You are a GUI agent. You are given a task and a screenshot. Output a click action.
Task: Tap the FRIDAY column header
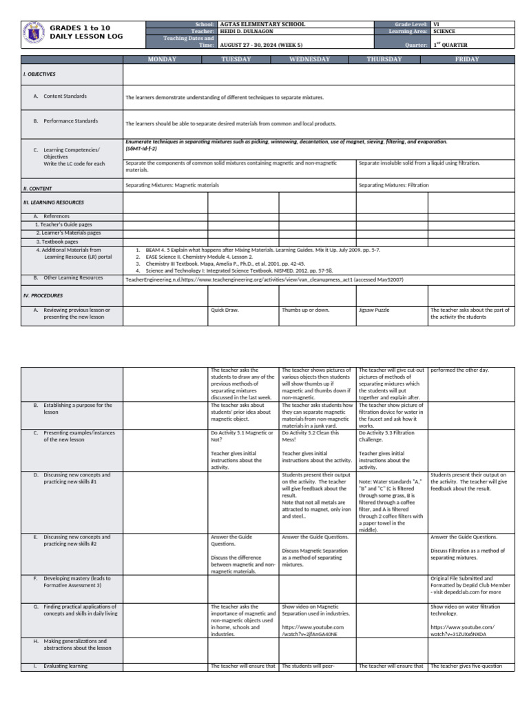tap(467, 59)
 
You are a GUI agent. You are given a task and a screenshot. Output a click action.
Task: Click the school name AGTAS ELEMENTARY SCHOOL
tap(262, 24)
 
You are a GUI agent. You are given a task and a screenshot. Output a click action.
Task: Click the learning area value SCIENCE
tap(444, 31)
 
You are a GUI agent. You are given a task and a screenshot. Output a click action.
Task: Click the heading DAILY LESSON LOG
tap(86, 36)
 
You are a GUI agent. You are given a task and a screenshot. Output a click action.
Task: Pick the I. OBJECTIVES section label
tap(40, 74)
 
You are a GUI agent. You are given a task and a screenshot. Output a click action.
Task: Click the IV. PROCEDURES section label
tap(43, 295)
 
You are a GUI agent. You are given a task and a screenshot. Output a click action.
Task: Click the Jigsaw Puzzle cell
tap(374, 310)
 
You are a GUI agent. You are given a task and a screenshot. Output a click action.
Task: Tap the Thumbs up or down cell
tap(306, 310)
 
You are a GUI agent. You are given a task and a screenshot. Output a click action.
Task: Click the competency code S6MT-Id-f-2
tap(141, 148)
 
